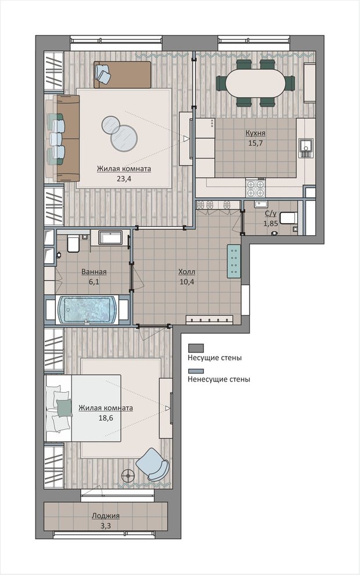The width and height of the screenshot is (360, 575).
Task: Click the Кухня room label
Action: (x=255, y=133)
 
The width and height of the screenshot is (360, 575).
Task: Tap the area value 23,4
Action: (x=124, y=179)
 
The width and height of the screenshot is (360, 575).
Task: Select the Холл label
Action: (x=186, y=272)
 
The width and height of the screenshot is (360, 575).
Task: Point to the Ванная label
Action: (x=94, y=272)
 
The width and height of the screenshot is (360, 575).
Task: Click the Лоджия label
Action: (x=106, y=516)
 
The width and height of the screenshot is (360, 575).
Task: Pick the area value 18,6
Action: (x=106, y=418)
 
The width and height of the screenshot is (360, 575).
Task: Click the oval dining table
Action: (x=255, y=83)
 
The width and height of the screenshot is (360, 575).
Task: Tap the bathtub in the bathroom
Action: (x=87, y=310)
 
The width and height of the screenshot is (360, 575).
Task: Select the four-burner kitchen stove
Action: (x=255, y=188)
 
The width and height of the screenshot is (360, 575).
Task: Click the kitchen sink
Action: (x=306, y=149)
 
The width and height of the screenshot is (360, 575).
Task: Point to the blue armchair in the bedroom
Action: (x=153, y=464)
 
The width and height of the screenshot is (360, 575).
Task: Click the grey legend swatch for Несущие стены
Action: (x=196, y=348)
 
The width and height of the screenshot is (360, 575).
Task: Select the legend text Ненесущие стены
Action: (x=219, y=379)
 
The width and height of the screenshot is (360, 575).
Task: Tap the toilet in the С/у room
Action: (x=288, y=218)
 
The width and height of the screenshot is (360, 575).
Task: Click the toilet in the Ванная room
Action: (x=73, y=244)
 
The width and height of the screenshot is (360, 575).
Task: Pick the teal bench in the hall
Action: (x=233, y=261)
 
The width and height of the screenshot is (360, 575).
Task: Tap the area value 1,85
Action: (x=271, y=222)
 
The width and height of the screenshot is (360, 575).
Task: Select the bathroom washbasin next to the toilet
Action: (x=110, y=238)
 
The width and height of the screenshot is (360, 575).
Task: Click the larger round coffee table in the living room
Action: (x=125, y=138)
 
